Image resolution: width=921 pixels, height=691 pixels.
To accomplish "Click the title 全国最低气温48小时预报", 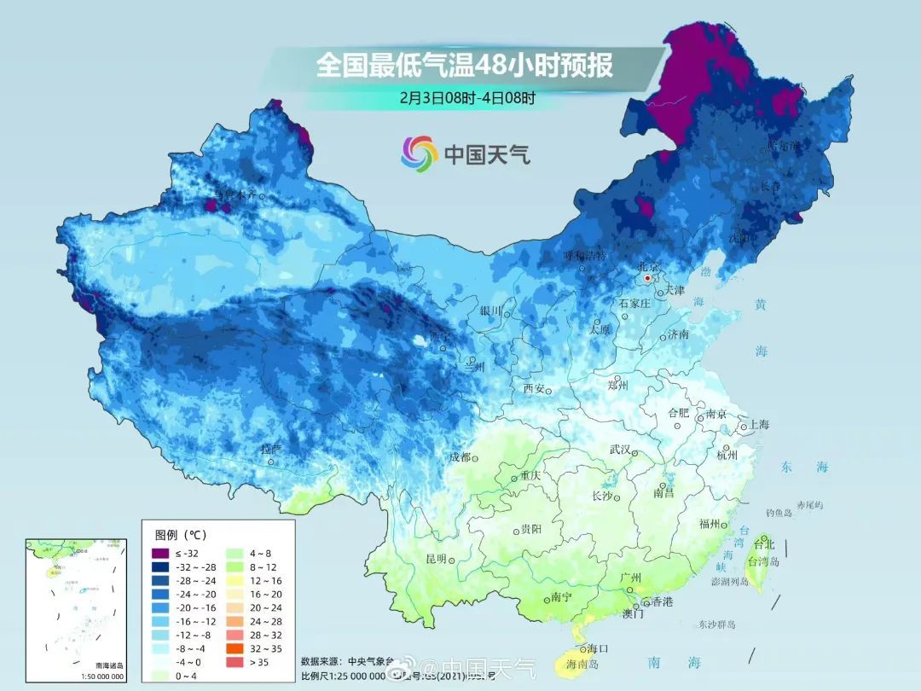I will tap(464, 65).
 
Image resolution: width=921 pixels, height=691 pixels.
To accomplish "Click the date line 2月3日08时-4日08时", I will tap(468, 97).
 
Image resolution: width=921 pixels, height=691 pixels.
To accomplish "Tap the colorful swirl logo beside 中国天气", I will tap(419, 153).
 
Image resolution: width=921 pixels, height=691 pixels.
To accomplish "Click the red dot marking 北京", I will tap(648, 278).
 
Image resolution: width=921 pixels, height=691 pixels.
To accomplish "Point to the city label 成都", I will tap(460, 457).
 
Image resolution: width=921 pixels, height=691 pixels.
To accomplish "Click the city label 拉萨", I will tap(270, 449).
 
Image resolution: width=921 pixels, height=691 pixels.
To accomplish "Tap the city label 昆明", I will tap(436, 559).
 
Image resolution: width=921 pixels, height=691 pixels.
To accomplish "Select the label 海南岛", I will tap(582, 664).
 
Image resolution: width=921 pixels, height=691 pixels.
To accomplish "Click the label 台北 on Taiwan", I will tap(764, 544).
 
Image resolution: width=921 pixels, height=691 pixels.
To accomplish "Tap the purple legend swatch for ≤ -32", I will tap(160, 553).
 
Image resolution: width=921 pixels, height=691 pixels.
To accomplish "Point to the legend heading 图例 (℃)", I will tap(181, 535).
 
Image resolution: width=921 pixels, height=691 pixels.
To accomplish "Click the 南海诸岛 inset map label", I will tap(109, 666).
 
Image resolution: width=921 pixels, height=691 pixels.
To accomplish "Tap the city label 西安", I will tap(533, 388).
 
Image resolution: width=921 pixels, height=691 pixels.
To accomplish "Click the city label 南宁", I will tap(560, 597).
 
